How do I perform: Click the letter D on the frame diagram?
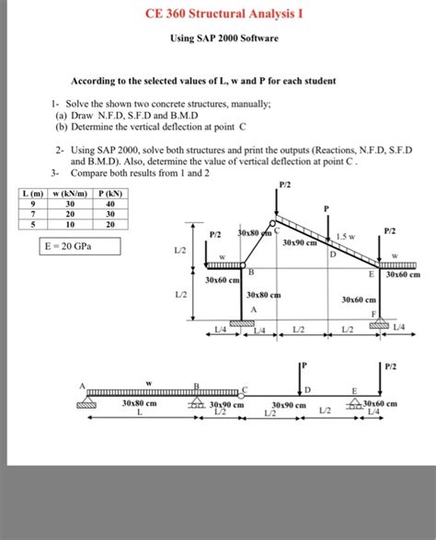332,254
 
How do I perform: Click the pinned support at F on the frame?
379,322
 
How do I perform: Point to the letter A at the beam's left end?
82,383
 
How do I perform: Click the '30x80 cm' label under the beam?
139,404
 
